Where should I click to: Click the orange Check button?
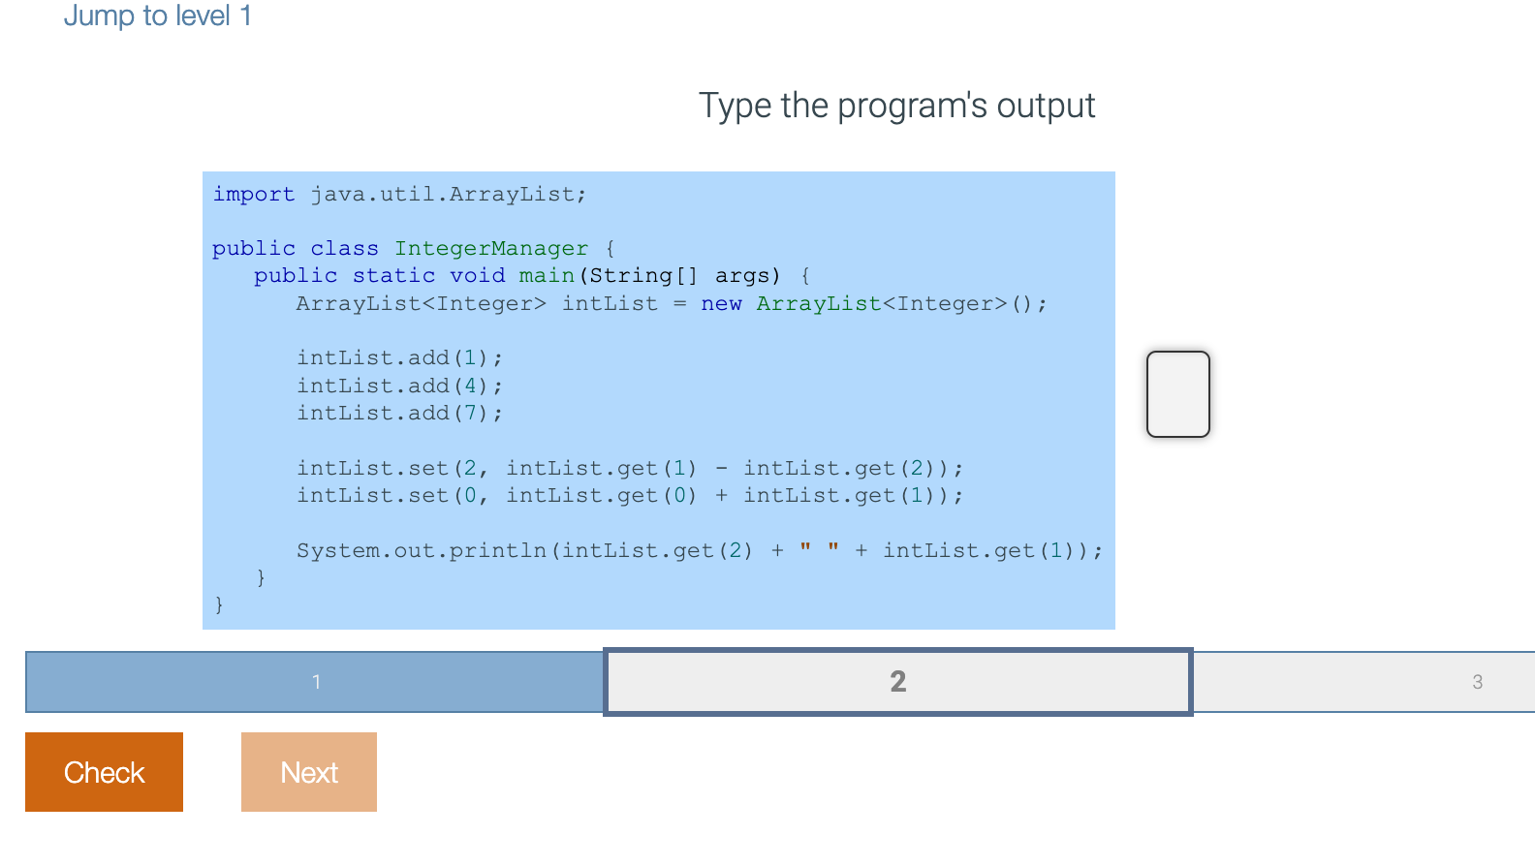104,772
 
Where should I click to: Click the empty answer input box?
1177,394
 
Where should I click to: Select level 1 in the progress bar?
315,682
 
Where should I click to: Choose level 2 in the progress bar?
897,682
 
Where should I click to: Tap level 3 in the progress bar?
1476,682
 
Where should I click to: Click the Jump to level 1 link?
158,15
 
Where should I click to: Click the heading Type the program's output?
896,106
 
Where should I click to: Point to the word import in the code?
253,194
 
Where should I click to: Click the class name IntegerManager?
490,249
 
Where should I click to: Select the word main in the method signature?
547,276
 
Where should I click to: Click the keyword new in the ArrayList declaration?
721,304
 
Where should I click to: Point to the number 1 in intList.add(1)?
470,358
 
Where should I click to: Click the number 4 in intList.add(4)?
470,386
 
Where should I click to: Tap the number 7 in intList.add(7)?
470,414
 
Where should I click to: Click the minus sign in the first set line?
721,469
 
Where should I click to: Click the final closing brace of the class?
219,604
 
